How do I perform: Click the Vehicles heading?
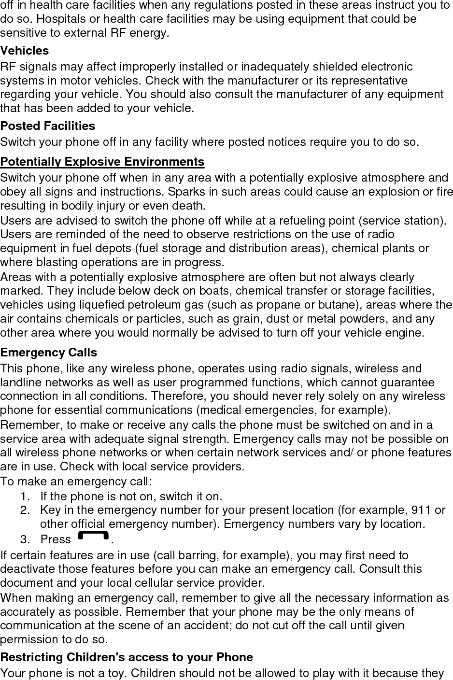pos(25,51)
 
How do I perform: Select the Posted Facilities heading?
pos(48,126)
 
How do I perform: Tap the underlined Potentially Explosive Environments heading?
pos(102,161)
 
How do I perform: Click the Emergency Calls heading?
pos(49,353)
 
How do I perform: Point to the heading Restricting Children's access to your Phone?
pos(127,657)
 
